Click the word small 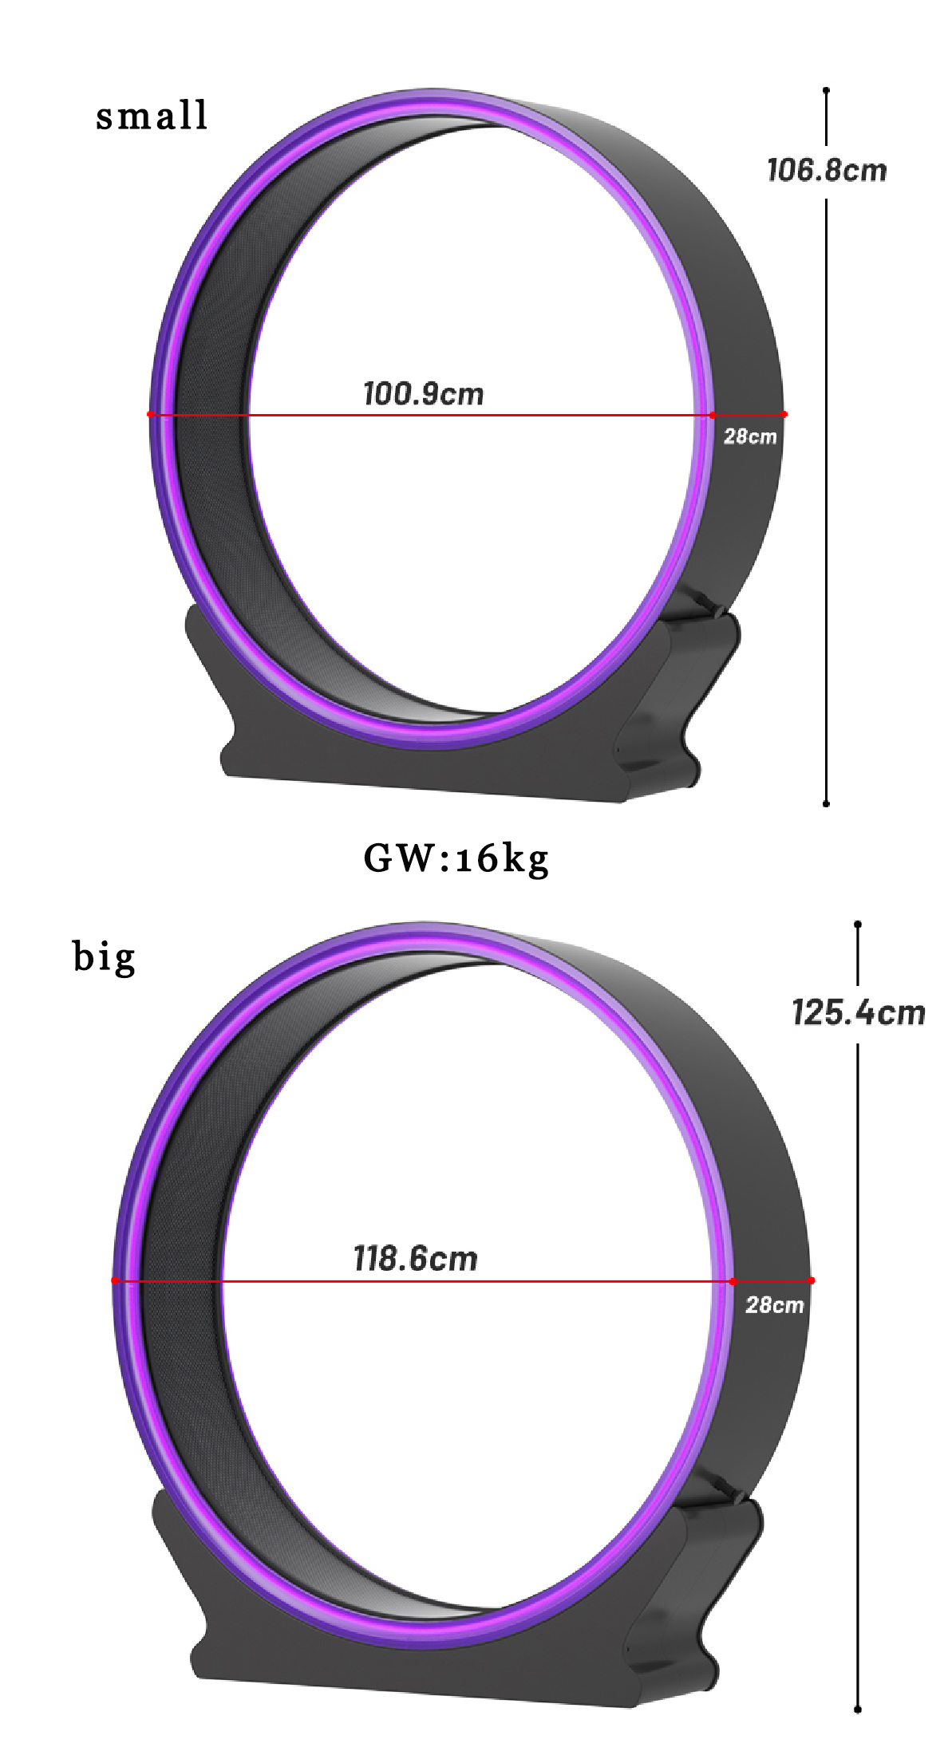pyautogui.click(x=152, y=116)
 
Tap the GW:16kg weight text pyautogui.click(x=456, y=859)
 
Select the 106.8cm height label pyautogui.click(x=826, y=171)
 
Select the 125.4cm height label pyautogui.click(x=858, y=1013)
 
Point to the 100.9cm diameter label pyautogui.click(x=423, y=394)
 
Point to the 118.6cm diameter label pyautogui.click(x=415, y=1259)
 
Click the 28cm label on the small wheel pyautogui.click(x=749, y=436)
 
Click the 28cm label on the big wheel pyautogui.click(x=774, y=1305)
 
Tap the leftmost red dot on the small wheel pyautogui.click(x=150, y=414)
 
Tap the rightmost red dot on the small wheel pyautogui.click(x=784, y=414)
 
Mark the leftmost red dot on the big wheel pyautogui.click(x=115, y=1280)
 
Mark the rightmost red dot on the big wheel pyautogui.click(x=812, y=1280)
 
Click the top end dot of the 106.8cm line pyautogui.click(x=826, y=90)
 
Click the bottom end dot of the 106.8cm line pyautogui.click(x=826, y=803)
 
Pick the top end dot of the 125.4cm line pyautogui.click(x=858, y=924)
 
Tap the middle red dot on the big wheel pyautogui.click(x=733, y=1281)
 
